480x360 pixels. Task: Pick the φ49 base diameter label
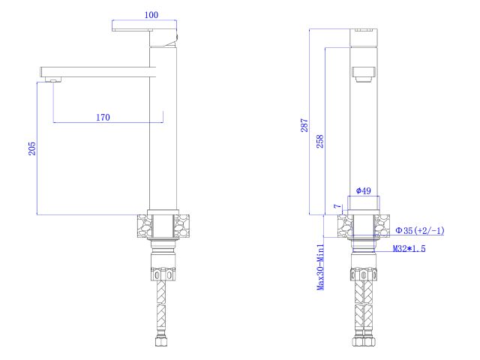pyautogui.click(x=363, y=191)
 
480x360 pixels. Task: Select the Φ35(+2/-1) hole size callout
pyautogui.click(x=420, y=230)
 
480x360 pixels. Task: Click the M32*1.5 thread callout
pyautogui.click(x=409, y=248)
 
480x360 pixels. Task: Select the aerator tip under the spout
pyautogui.click(x=52, y=79)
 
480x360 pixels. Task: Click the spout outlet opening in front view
pyautogui.click(x=363, y=73)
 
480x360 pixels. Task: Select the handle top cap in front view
pyautogui.click(x=364, y=30)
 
